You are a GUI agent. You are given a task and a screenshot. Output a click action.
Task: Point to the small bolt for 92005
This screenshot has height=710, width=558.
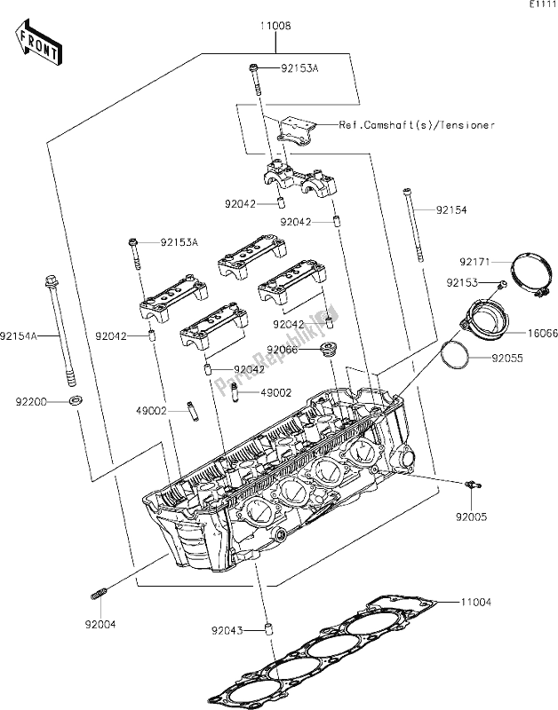point(471,484)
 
